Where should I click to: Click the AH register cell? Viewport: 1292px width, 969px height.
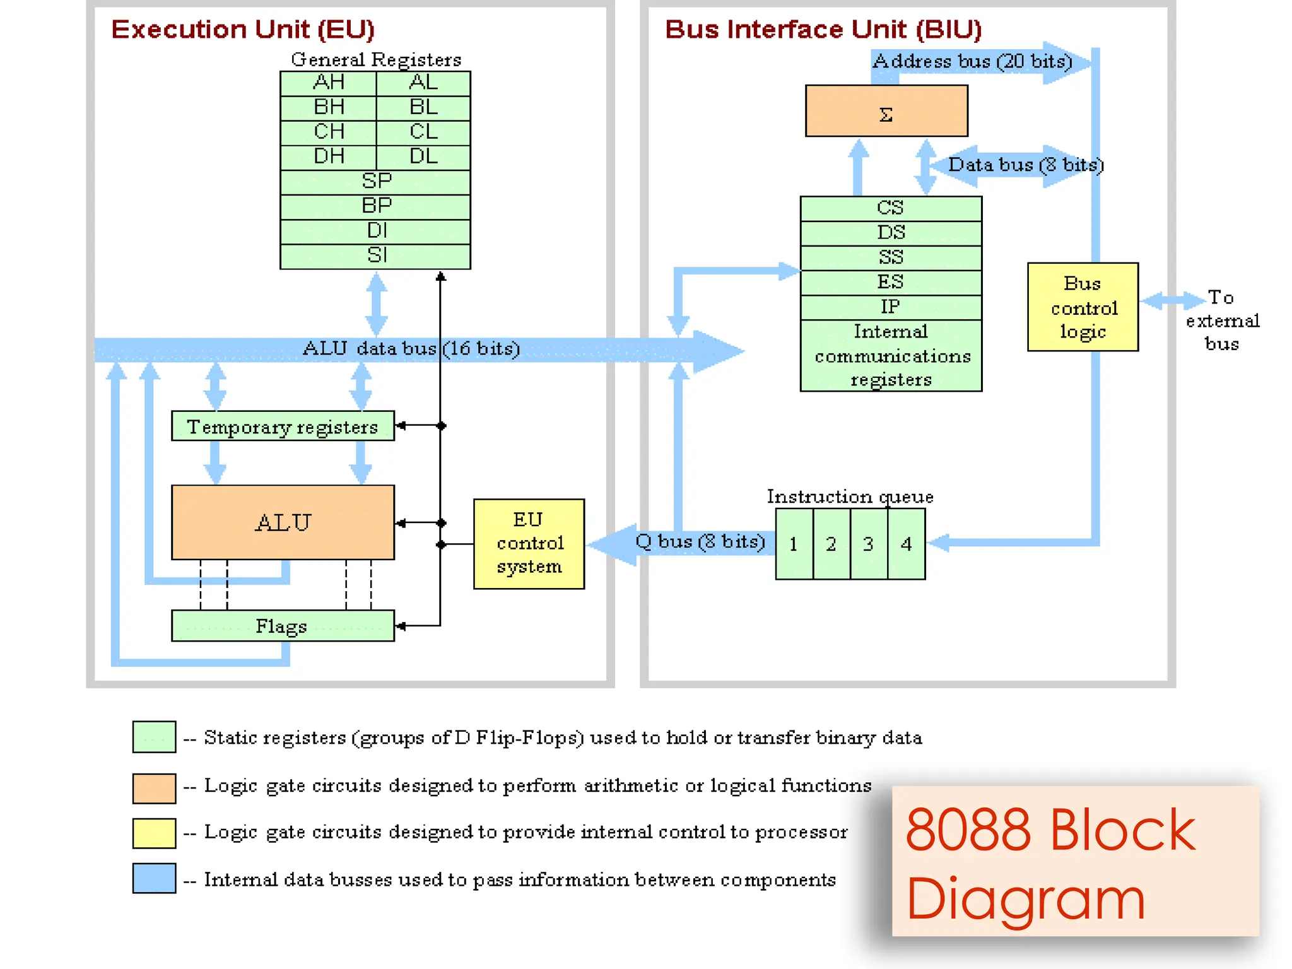tap(328, 83)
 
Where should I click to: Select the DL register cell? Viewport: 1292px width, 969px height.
tap(423, 156)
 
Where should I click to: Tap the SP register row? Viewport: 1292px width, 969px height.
tap(375, 182)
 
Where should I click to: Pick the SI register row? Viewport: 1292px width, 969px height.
tap(375, 255)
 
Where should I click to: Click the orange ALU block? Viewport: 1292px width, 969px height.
tap(283, 522)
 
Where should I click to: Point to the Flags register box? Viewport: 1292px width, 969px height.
tap(283, 626)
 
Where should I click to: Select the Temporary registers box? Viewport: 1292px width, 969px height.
tap(283, 426)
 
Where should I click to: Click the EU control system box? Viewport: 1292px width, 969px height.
tap(529, 543)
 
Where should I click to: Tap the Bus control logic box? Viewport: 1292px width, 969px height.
tap(1083, 307)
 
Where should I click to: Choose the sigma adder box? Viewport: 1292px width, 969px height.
tap(886, 111)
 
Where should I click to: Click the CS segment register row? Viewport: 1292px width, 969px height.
tap(891, 208)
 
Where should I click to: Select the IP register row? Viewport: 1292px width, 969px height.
tap(891, 307)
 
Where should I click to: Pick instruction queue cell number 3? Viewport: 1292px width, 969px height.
tap(869, 544)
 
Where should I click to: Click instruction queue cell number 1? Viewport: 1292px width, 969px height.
tap(794, 544)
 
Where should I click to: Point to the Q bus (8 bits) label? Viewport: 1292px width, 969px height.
tap(700, 541)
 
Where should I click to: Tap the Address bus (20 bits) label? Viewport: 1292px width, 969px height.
tap(972, 61)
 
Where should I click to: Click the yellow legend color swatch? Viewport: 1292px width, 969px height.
tap(154, 833)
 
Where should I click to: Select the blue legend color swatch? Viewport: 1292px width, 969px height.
tap(154, 878)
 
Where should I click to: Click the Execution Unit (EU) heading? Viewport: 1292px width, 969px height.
tap(243, 30)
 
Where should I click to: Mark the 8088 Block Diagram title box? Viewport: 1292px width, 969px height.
tap(1075, 862)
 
